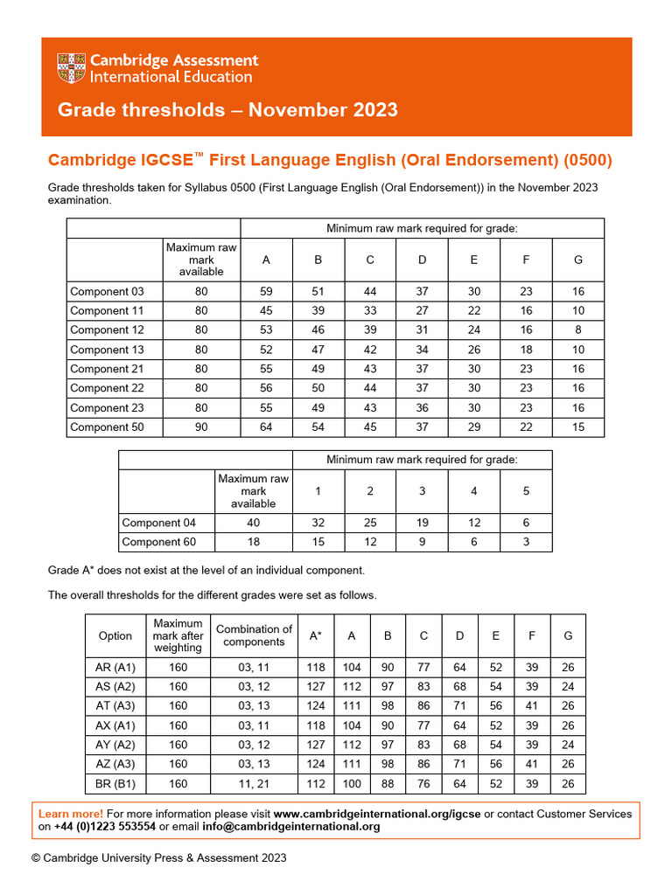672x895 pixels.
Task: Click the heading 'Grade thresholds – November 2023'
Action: pyautogui.click(x=227, y=110)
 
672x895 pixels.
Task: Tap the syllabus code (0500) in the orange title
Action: pyautogui.click(x=589, y=161)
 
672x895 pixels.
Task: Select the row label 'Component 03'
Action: pyautogui.click(x=107, y=291)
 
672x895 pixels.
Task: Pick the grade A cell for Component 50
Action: pyautogui.click(x=266, y=427)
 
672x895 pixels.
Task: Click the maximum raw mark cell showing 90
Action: pyautogui.click(x=201, y=427)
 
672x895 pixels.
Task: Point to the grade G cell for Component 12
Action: pyautogui.click(x=577, y=330)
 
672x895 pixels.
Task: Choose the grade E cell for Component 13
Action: pyautogui.click(x=473, y=350)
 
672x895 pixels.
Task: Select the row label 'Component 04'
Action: pyautogui.click(x=158, y=523)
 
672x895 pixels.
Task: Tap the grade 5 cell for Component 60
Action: pyautogui.click(x=526, y=542)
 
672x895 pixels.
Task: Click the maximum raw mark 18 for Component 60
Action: pyautogui.click(x=253, y=542)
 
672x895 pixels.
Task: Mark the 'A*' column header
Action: pyautogui.click(x=316, y=635)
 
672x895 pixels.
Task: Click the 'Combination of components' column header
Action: pyautogui.click(x=254, y=635)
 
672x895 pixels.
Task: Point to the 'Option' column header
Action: pyautogui.click(x=115, y=635)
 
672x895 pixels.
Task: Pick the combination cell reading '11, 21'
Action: pyautogui.click(x=254, y=784)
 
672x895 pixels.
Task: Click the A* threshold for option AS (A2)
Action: pyautogui.click(x=316, y=686)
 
